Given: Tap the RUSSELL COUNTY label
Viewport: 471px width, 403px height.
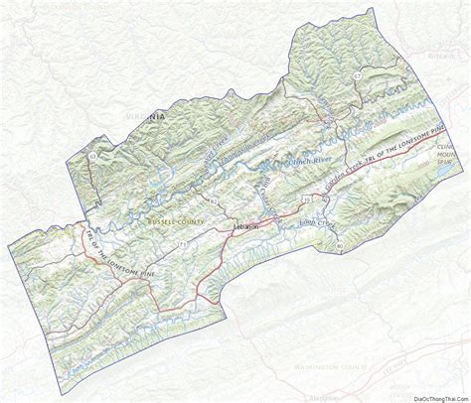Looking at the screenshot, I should click(176, 220).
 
